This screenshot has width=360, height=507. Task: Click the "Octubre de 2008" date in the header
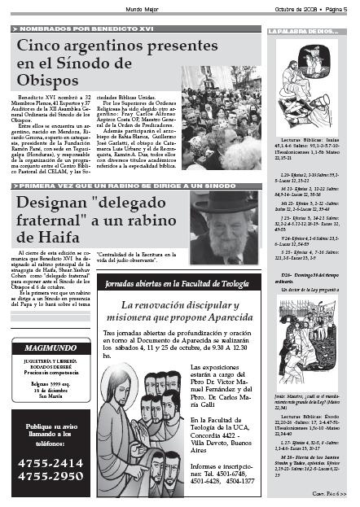[295, 7]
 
